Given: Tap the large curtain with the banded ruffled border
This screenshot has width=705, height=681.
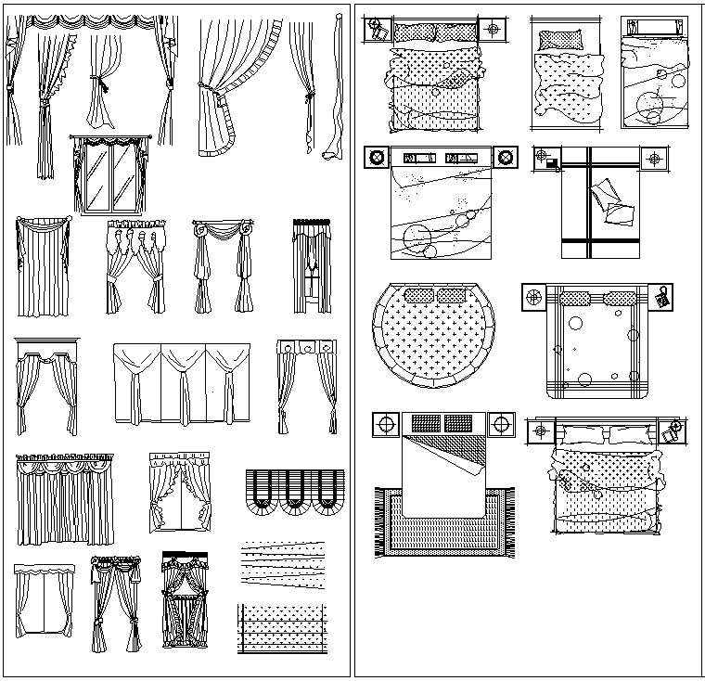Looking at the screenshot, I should point(237,88).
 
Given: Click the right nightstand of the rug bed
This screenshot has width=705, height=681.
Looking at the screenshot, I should point(501,425).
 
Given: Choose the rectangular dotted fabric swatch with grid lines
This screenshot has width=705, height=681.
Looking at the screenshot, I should point(282,629).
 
